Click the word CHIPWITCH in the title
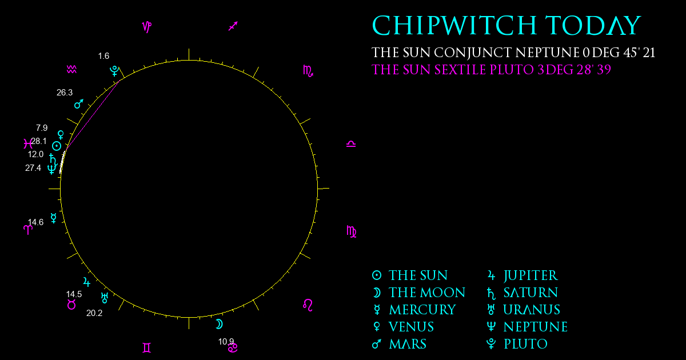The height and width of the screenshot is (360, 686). (x=454, y=25)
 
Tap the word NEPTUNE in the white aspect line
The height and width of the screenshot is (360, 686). (x=547, y=53)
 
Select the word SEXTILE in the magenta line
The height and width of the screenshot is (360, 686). (x=460, y=70)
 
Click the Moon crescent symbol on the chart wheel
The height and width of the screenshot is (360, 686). (x=219, y=324)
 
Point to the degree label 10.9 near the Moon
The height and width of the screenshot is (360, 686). (x=226, y=341)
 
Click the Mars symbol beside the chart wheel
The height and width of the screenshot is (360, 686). (x=79, y=104)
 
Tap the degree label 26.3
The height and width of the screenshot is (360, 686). (x=65, y=93)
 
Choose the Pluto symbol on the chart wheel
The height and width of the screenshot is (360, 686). (x=114, y=71)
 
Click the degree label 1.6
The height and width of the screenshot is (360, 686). (x=103, y=56)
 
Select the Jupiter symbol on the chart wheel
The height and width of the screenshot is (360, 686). (x=87, y=282)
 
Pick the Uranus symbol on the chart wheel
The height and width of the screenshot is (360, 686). (x=105, y=298)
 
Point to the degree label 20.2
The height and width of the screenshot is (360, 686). (x=94, y=313)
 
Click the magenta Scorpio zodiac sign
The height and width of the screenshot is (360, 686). (x=308, y=71)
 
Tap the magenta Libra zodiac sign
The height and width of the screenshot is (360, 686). (x=351, y=144)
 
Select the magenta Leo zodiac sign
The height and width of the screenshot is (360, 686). (x=308, y=305)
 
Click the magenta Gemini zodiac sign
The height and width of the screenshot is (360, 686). (x=147, y=348)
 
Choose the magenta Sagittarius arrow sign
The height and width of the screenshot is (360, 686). (x=233, y=26)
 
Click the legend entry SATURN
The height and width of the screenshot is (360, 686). (x=531, y=293)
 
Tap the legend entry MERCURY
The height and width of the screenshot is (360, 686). (x=422, y=310)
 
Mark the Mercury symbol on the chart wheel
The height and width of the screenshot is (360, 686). (x=54, y=218)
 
